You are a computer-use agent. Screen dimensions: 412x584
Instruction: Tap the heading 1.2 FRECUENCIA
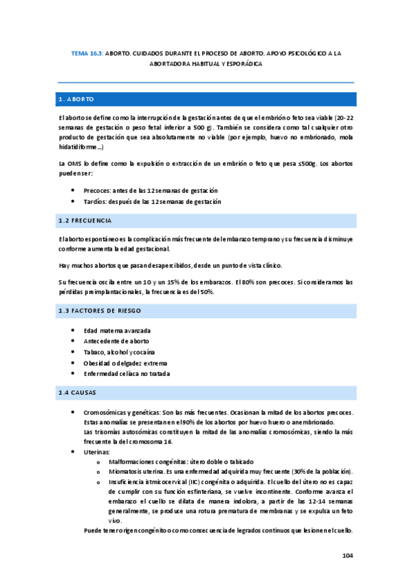tap(85, 220)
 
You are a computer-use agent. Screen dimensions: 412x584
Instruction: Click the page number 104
tap(347, 556)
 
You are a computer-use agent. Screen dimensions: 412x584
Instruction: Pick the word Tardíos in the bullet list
tap(95, 202)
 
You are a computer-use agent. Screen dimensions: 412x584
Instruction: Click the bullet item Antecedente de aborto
tap(116, 342)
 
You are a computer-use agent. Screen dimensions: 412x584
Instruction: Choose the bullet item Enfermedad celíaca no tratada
tap(127, 374)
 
